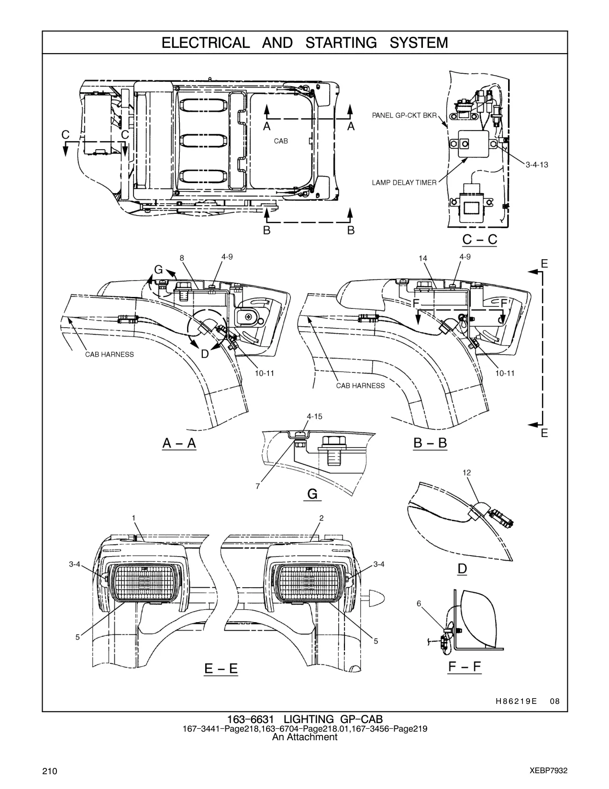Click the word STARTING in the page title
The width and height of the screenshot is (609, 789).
(341, 43)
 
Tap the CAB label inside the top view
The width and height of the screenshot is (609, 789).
(281, 141)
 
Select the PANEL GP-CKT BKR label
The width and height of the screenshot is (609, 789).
(404, 115)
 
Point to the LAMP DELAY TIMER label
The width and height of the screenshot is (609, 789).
(404, 183)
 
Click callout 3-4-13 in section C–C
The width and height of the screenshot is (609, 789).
(537, 165)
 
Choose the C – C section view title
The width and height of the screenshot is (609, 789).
(480, 240)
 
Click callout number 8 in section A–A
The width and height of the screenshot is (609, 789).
(182, 258)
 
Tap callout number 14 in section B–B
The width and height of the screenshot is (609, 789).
(423, 259)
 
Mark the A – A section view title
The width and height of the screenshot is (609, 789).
(179, 443)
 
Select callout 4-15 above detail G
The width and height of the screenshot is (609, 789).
(314, 416)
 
